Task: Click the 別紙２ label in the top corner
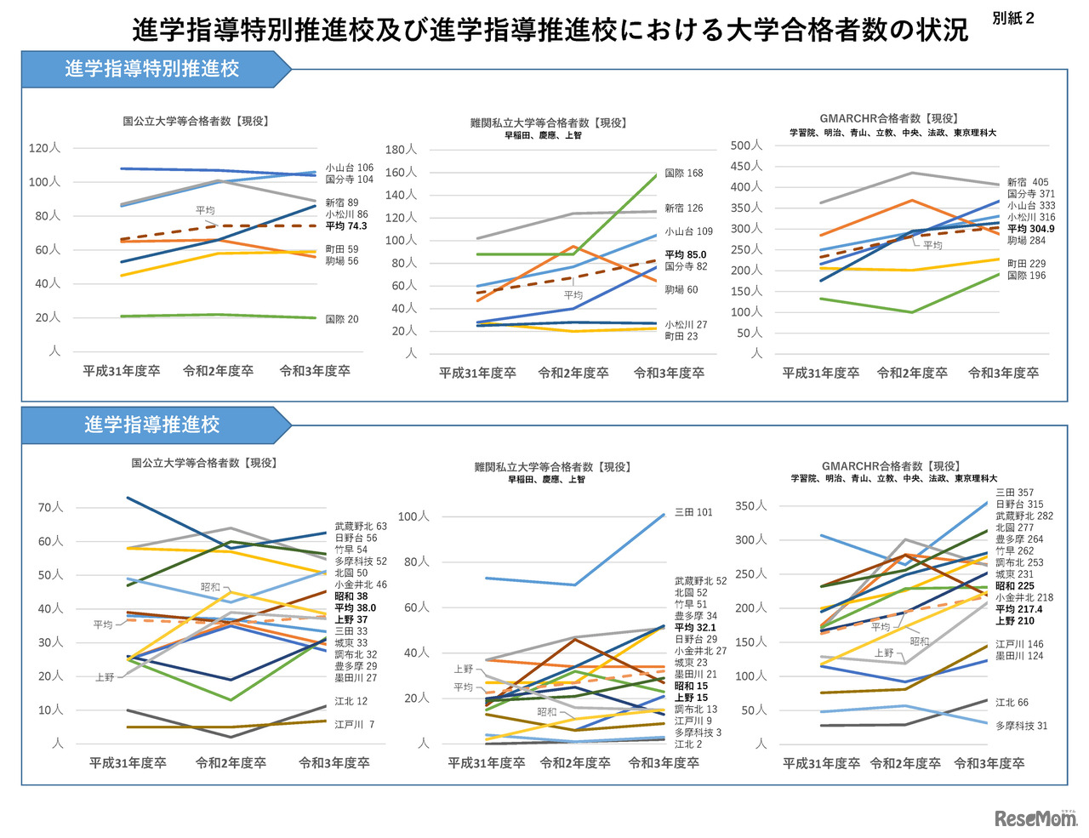click(1013, 18)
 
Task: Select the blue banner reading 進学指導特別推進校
click(153, 69)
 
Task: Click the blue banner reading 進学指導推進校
click(153, 425)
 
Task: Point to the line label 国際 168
click(683, 173)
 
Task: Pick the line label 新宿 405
click(1028, 182)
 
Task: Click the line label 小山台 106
click(349, 168)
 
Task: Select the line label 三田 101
click(693, 512)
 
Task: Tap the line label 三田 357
click(1014, 493)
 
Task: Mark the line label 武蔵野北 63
click(360, 527)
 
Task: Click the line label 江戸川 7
click(354, 725)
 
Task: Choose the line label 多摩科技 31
click(1021, 726)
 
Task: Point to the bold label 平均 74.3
click(345, 226)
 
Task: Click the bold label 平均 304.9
click(1030, 229)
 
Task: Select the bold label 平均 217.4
click(1018, 609)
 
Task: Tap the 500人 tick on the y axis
click(746, 145)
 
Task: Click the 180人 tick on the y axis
click(401, 150)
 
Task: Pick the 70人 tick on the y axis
click(50, 507)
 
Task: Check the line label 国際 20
click(341, 319)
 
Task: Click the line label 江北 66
click(1012, 703)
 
